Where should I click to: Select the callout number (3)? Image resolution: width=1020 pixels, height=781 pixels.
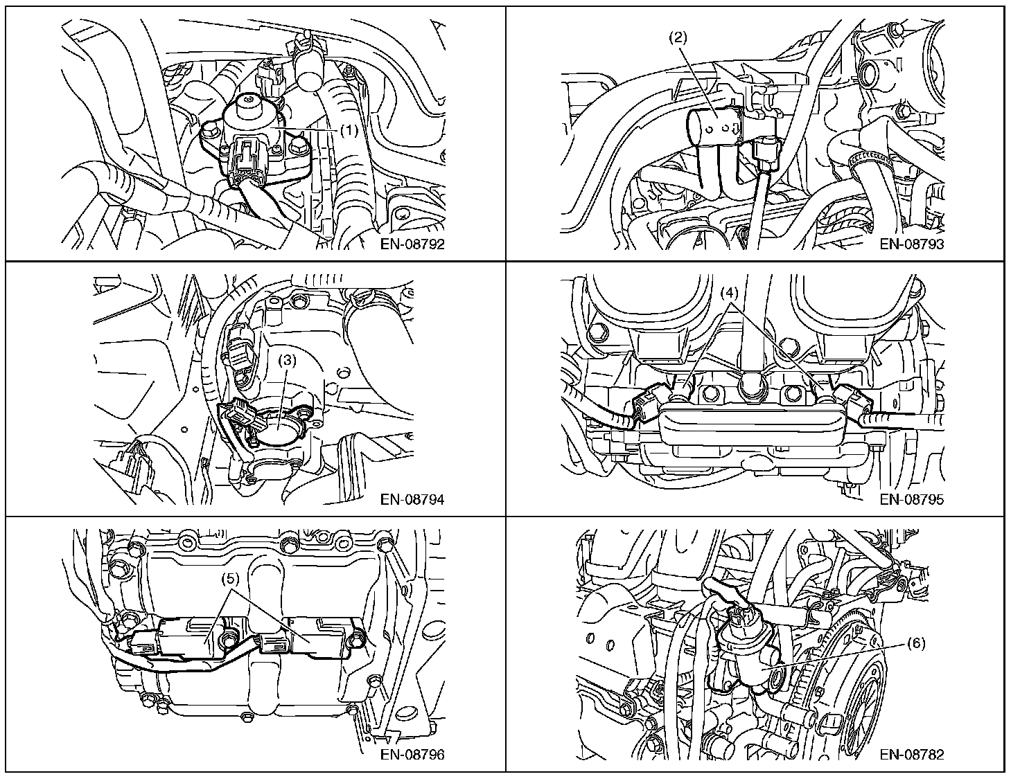[288, 361]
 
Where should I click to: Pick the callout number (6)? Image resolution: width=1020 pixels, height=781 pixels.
[915, 643]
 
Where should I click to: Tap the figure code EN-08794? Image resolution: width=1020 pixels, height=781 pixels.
[412, 500]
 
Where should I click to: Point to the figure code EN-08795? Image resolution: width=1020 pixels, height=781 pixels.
[911, 500]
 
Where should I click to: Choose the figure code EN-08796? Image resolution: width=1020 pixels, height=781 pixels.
[412, 755]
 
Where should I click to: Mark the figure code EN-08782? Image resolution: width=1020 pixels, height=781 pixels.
[911, 755]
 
